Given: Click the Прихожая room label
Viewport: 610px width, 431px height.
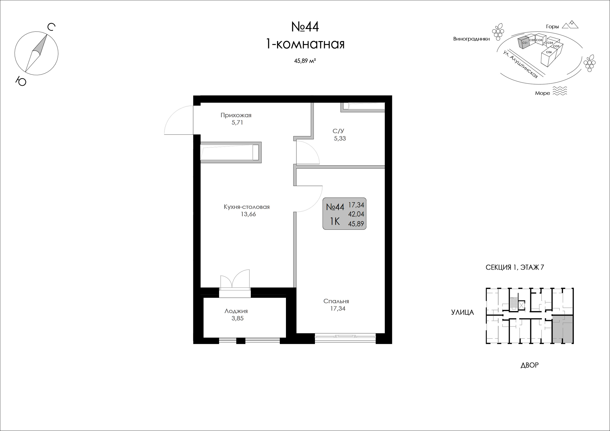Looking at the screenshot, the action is coord(236,115).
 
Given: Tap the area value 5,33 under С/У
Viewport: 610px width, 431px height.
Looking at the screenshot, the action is coord(340,138).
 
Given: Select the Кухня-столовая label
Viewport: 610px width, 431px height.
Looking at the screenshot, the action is coord(246,207).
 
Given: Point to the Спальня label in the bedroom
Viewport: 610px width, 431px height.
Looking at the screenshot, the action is coord(336,301).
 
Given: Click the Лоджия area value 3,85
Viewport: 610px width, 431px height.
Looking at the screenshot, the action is coord(238,318).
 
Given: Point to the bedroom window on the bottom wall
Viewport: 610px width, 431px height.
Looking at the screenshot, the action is coord(345,338).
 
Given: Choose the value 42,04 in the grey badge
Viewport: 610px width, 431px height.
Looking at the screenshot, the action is coord(356,214).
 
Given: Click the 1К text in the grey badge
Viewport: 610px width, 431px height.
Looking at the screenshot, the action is coord(335,221).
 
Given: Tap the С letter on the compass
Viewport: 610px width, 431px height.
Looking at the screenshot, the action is coord(51,27).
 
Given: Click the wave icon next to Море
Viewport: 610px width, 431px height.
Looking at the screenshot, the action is coord(560,91).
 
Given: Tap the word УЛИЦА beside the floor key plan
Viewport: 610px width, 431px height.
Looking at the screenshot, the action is coord(463,312).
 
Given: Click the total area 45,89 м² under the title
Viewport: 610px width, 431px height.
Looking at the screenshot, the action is coord(305,61).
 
